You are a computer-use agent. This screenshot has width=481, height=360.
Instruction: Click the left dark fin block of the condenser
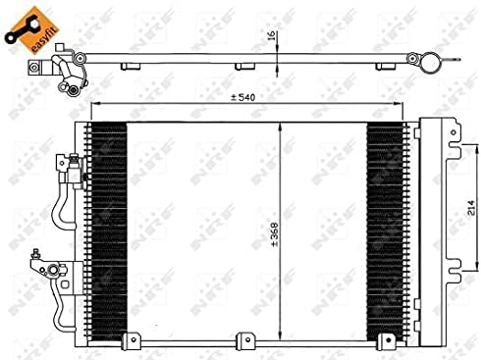(107, 225)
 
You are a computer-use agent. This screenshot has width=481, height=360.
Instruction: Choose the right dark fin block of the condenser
(386, 225)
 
